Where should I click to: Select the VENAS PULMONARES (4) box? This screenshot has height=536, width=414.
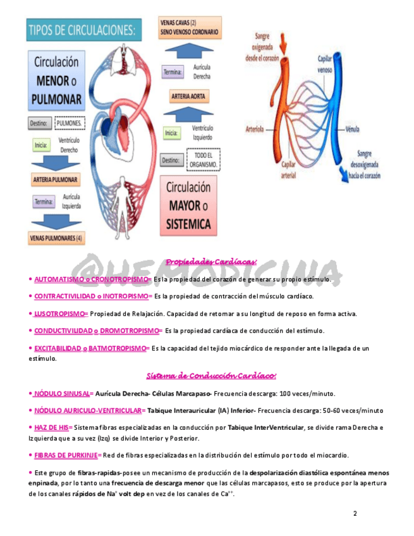[56, 238]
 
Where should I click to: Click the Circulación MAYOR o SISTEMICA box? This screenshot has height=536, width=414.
[189, 205]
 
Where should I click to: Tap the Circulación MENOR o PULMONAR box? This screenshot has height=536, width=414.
[56, 81]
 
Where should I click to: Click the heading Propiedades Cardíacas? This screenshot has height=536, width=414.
[211, 262]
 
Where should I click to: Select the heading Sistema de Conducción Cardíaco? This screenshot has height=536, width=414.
[211, 377]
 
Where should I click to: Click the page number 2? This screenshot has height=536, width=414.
[355, 513]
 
